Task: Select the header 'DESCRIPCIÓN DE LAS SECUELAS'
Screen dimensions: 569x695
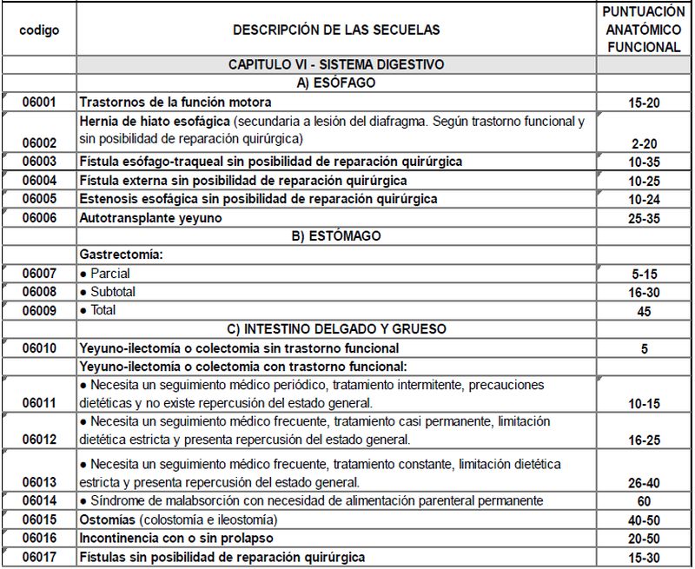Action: pyautogui.click(x=336, y=30)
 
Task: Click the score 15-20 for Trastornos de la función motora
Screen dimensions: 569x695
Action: pyautogui.click(x=644, y=103)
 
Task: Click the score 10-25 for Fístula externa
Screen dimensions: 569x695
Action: pyautogui.click(x=644, y=181)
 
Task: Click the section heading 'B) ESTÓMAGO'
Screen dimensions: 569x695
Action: pyautogui.click(x=336, y=236)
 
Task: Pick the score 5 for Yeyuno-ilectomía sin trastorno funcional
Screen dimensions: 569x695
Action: pyautogui.click(x=644, y=348)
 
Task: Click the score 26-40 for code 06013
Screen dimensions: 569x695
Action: pyautogui.click(x=644, y=483)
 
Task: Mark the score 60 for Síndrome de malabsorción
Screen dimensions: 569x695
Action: pyautogui.click(x=644, y=501)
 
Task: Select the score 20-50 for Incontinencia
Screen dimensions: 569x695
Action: pyautogui.click(x=644, y=539)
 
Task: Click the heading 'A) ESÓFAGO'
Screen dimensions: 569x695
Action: pyautogui.click(x=336, y=83)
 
